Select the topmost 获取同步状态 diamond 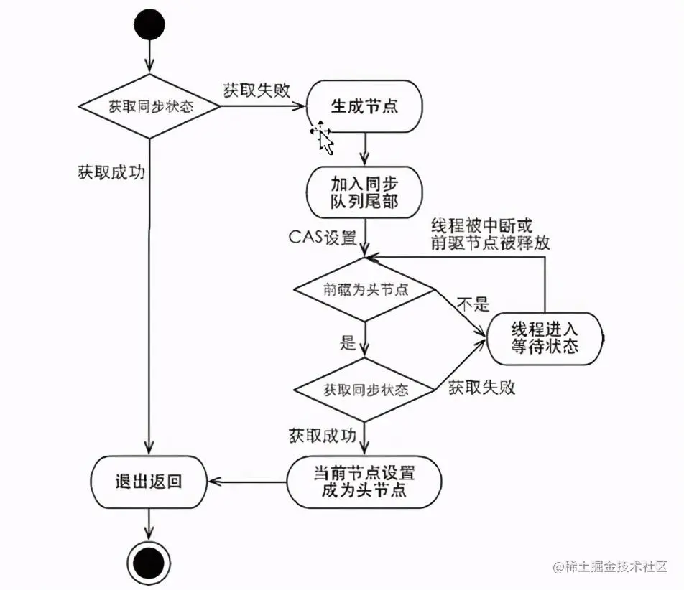coord(149,107)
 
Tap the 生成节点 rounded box coord(364,107)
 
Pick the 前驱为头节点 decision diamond coord(365,289)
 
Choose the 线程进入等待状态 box coord(545,337)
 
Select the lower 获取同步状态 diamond coord(365,390)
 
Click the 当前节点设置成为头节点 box coord(364,481)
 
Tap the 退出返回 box coord(149,481)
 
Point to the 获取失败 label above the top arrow coord(256,90)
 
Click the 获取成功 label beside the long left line coord(111,173)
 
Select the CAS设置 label coord(323,237)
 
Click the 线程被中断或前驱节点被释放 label coord(491,233)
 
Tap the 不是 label coord(472,304)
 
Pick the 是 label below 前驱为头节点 coord(348,342)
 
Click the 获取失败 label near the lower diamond coord(482,388)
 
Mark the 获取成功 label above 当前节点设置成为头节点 coord(323,435)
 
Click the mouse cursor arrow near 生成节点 coord(323,138)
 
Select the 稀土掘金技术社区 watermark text coord(621,567)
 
